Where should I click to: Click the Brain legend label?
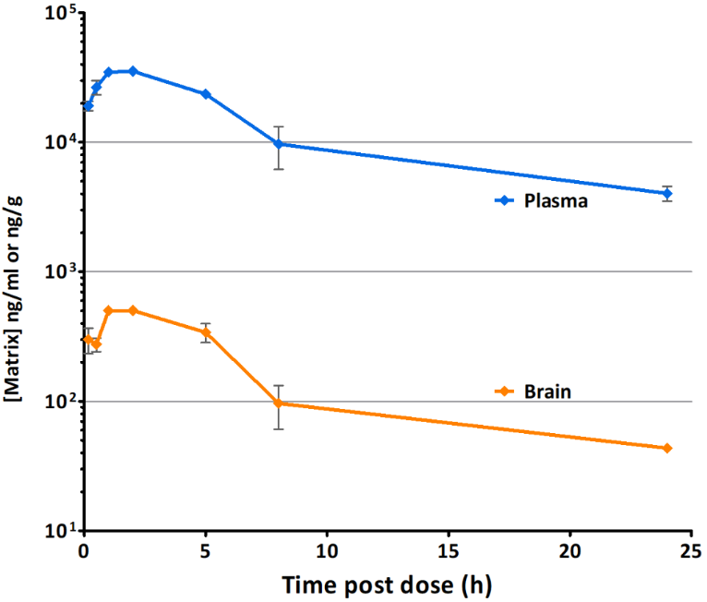[549, 391]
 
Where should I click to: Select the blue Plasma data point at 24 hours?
[667, 193]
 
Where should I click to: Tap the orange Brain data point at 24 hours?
[667, 448]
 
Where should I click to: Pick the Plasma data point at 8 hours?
[278, 144]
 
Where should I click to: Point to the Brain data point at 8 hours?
[278, 403]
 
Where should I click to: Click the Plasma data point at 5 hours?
[206, 94]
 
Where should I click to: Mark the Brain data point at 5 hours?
[206, 332]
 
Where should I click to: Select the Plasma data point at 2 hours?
[133, 71]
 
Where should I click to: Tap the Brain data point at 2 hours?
[133, 310]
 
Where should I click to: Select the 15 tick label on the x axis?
[449, 551]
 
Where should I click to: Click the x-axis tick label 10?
[327, 551]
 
